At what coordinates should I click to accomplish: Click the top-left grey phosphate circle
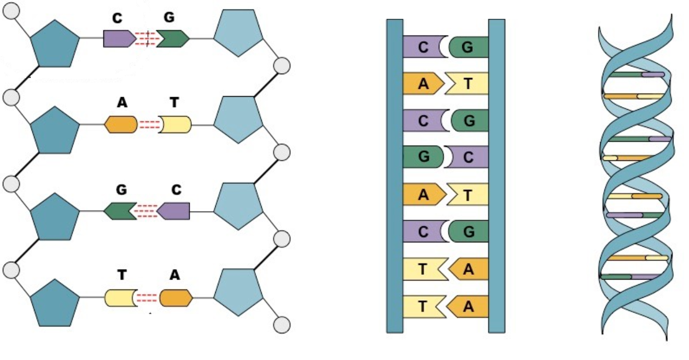pyautogui.click(x=11, y=11)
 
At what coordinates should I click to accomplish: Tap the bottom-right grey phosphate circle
pyautogui.click(x=282, y=324)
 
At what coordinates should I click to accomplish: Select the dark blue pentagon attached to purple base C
pyautogui.click(x=55, y=44)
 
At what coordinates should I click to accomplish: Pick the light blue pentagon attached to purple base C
pyautogui.click(x=238, y=206)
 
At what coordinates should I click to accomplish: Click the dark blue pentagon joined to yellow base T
pyautogui.click(x=55, y=303)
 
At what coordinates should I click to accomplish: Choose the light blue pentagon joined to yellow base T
pyautogui.click(x=238, y=120)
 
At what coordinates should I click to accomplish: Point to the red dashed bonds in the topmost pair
pyautogui.click(x=146, y=39)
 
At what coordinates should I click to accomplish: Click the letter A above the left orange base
pyautogui.click(x=122, y=102)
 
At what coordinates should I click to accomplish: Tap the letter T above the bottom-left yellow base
pyautogui.click(x=122, y=275)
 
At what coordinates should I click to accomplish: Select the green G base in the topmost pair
pyautogui.click(x=173, y=39)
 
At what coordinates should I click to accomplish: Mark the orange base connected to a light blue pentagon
pyautogui.click(x=176, y=298)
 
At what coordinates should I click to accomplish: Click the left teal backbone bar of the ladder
pyautogui.click(x=394, y=176)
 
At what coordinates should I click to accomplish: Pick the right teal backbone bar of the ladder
pyautogui.click(x=497, y=176)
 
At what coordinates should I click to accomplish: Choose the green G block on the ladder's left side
pyautogui.click(x=423, y=157)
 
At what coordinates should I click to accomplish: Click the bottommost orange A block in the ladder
pyautogui.click(x=468, y=307)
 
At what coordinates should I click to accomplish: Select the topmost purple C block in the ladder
pyautogui.click(x=425, y=47)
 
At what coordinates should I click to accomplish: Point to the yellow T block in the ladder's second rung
pyautogui.click(x=466, y=84)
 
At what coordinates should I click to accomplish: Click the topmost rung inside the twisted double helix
pyautogui.click(x=637, y=75)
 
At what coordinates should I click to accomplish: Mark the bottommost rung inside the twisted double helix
pyautogui.click(x=630, y=276)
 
